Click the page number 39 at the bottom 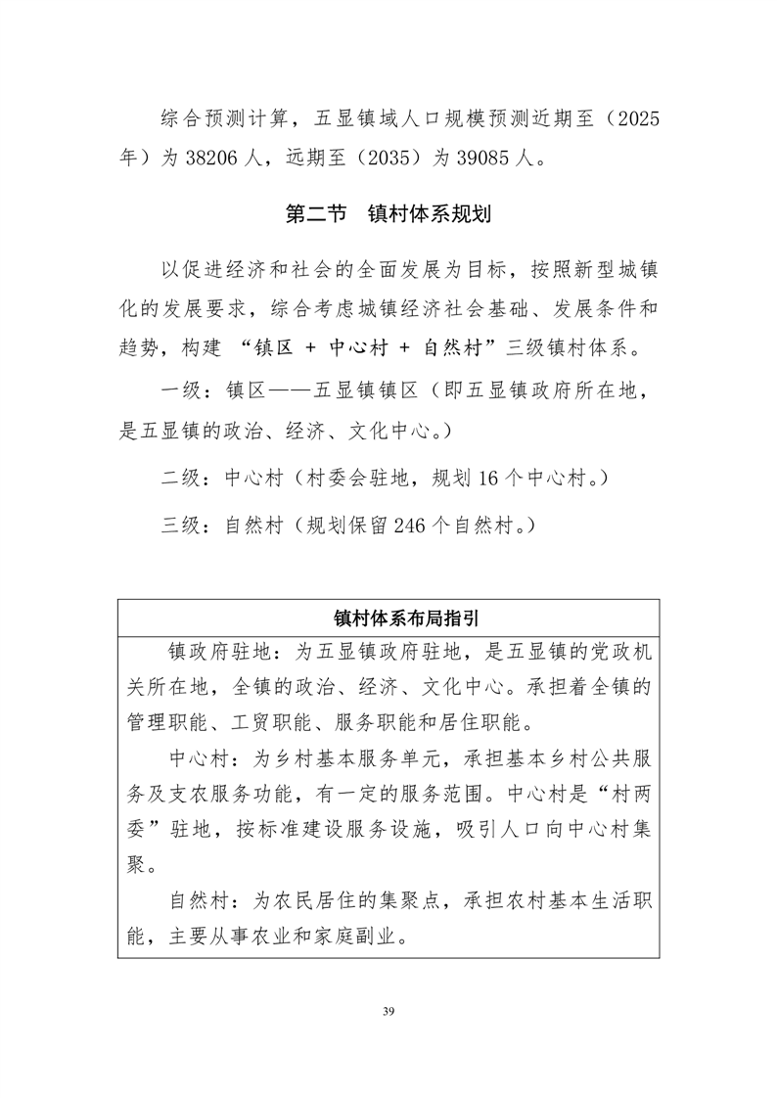tap(388, 1010)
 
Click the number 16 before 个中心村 tap(491, 480)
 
